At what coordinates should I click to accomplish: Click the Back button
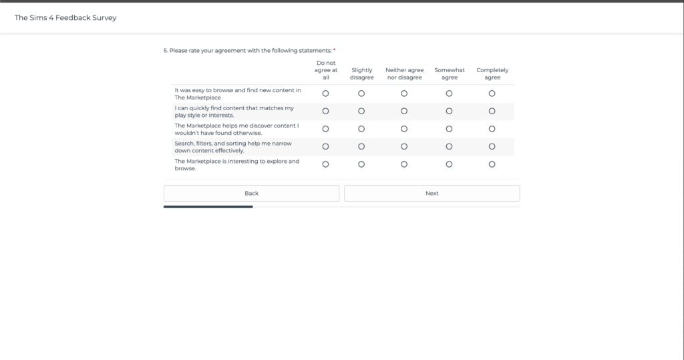(251, 193)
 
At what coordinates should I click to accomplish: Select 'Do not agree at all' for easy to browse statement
(326, 94)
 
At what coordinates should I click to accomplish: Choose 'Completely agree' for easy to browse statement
(492, 94)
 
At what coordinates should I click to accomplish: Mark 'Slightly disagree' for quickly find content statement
(361, 111)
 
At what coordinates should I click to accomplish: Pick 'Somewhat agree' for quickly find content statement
(449, 111)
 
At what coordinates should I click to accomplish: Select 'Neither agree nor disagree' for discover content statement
(404, 129)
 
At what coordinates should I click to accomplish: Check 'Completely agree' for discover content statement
(492, 129)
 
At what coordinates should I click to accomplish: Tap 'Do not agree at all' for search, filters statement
(326, 146)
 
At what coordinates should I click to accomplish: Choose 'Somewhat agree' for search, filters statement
(449, 146)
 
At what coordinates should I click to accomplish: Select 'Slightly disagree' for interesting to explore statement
(361, 164)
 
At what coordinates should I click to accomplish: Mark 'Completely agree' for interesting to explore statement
(492, 164)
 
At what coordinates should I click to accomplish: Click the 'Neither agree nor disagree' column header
(404, 73)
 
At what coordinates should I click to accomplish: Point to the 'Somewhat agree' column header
(450, 73)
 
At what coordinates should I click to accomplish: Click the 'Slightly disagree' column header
(361, 73)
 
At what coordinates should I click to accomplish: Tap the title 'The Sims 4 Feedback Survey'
(65, 17)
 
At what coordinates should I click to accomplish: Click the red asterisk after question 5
(334, 50)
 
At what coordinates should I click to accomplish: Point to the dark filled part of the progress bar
(208, 207)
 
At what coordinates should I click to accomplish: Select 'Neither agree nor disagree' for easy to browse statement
(404, 94)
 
